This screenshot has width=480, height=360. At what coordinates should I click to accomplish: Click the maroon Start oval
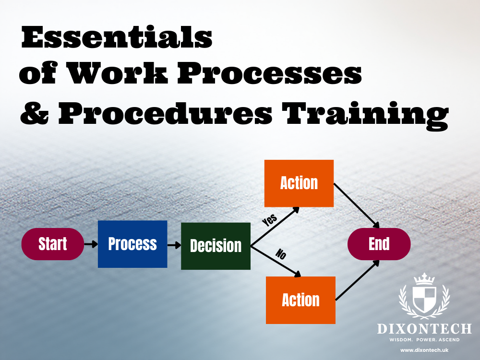tap(53, 244)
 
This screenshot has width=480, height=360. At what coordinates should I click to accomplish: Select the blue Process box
tap(132, 244)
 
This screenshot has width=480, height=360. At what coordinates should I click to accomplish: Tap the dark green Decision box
tap(216, 246)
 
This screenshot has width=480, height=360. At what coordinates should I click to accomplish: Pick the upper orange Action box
tap(299, 183)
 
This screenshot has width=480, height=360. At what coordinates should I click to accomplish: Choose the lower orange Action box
tap(300, 300)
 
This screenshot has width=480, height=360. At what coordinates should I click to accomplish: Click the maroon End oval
tap(379, 244)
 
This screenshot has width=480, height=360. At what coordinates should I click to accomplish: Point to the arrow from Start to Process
tap(91, 244)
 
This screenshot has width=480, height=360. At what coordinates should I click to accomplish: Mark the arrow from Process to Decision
tap(174, 245)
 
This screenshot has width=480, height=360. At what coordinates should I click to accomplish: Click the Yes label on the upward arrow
tap(270, 220)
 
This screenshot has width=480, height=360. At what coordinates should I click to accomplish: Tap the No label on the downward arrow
tap(280, 254)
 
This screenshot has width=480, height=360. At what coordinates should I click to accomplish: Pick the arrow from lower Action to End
tap(358, 280)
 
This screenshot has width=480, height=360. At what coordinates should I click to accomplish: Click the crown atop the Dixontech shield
tap(424, 278)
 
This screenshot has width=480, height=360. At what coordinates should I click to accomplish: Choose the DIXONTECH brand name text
tap(424, 329)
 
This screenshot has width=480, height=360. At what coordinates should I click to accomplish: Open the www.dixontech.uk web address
tap(424, 350)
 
